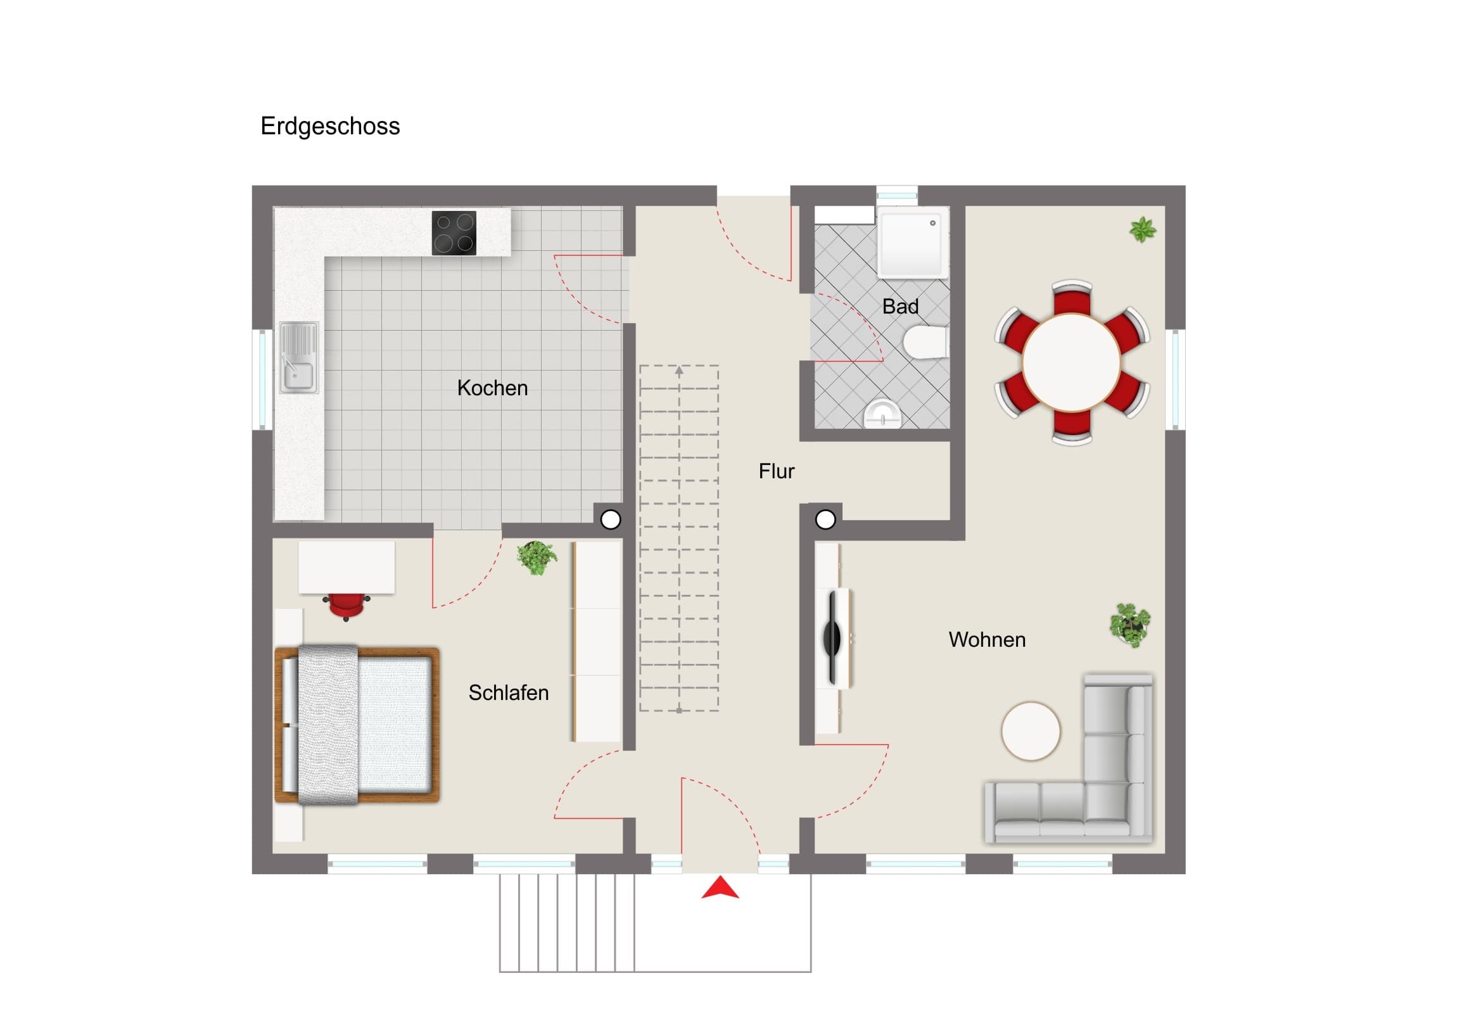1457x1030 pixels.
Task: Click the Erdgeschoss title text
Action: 330,126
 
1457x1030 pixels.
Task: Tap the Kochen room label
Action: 492,388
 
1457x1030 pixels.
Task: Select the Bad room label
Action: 900,307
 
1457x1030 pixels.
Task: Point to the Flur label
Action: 776,471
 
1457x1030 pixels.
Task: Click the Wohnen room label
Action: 987,639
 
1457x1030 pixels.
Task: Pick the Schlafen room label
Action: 508,692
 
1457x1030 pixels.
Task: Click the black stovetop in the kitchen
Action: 454,233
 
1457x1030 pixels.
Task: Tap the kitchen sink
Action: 299,357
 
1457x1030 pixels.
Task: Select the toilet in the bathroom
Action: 926,342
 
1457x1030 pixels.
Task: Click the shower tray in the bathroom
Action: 913,245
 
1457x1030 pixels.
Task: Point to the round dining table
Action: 1071,362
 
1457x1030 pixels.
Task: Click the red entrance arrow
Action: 720,887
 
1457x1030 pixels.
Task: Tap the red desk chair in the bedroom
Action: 346,606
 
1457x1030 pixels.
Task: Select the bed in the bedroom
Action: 357,725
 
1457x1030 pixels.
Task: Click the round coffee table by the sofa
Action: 1031,730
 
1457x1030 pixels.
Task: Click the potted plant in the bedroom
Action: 537,558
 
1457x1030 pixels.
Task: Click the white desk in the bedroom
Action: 347,568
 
